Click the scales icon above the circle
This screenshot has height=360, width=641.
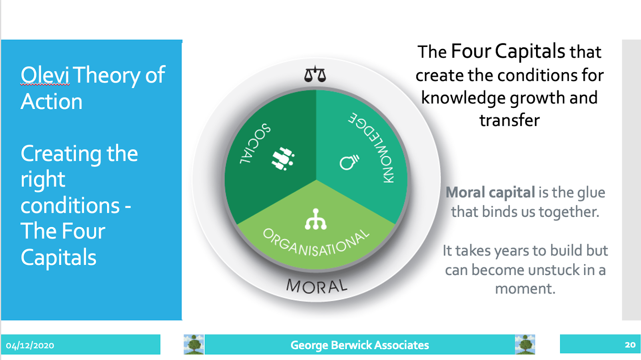pyautogui.click(x=315, y=74)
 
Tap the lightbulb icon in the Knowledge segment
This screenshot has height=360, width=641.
pyautogui.click(x=349, y=162)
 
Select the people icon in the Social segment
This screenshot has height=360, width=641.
pyautogui.click(x=283, y=158)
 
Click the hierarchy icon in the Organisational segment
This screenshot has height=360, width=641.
pyautogui.click(x=316, y=219)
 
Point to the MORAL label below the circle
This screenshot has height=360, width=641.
pyautogui.click(x=317, y=286)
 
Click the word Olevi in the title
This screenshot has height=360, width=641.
pyautogui.click(x=45, y=75)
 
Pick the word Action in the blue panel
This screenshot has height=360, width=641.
pyautogui.click(x=52, y=101)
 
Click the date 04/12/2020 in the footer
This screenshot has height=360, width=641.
pyautogui.click(x=30, y=345)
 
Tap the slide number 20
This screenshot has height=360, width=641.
pyautogui.click(x=630, y=344)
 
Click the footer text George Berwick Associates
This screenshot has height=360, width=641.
pyautogui.click(x=360, y=345)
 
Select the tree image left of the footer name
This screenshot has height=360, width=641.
pyautogui.click(x=194, y=344)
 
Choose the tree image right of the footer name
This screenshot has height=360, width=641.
pyautogui.click(x=525, y=344)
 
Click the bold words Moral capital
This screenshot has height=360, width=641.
pyautogui.click(x=490, y=192)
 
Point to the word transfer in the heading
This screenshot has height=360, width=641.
pyautogui.click(x=510, y=120)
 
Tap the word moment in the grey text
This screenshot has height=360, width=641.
pyautogui.click(x=525, y=289)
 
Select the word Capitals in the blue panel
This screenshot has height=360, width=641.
pyautogui.click(x=58, y=257)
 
